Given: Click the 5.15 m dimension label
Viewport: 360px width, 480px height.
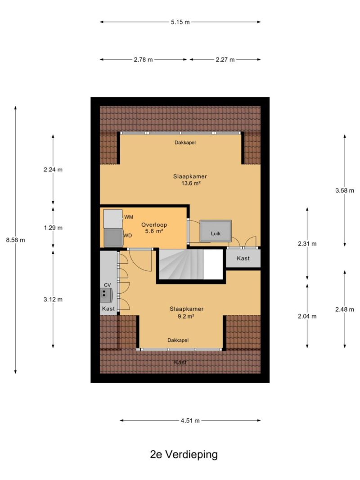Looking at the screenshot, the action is pyautogui.click(x=180, y=22).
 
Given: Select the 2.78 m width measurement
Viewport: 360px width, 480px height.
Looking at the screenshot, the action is pyautogui.click(x=143, y=60).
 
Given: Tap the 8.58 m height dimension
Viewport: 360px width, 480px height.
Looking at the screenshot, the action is pyautogui.click(x=16, y=240).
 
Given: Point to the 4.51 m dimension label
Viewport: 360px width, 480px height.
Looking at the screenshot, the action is pyautogui.click(x=190, y=421).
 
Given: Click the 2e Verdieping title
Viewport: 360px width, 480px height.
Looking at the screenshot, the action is pyautogui.click(x=184, y=455).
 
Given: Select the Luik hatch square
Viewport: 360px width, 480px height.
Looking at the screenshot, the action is pyautogui.click(x=216, y=231).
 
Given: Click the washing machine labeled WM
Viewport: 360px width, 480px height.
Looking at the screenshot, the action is pyautogui.click(x=113, y=219).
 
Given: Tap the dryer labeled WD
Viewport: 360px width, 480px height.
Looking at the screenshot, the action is pyautogui.click(x=113, y=238).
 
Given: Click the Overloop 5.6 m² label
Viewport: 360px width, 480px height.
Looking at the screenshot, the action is pyautogui.click(x=154, y=228).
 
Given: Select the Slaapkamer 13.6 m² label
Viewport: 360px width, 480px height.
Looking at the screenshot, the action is pyautogui.click(x=190, y=180).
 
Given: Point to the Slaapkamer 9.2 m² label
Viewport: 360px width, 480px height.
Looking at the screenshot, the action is pyautogui.click(x=186, y=313).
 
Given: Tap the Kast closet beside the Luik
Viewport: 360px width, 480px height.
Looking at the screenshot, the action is pyautogui.click(x=243, y=258).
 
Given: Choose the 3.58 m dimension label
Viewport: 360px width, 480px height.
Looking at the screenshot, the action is pyautogui.click(x=345, y=190).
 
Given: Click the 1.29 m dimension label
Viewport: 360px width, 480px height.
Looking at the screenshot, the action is pyautogui.click(x=53, y=228).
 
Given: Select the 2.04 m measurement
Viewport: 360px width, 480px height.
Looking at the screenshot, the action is pyautogui.click(x=307, y=316).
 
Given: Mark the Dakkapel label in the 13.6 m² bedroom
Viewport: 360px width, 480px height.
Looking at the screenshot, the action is pyautogui.click(x=185, y=142).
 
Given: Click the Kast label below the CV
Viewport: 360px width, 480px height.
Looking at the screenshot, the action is pyautogui.click(x=108, y=309).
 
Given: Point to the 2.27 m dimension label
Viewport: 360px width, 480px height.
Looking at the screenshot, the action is pyautogui.click(x=225, y=60).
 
